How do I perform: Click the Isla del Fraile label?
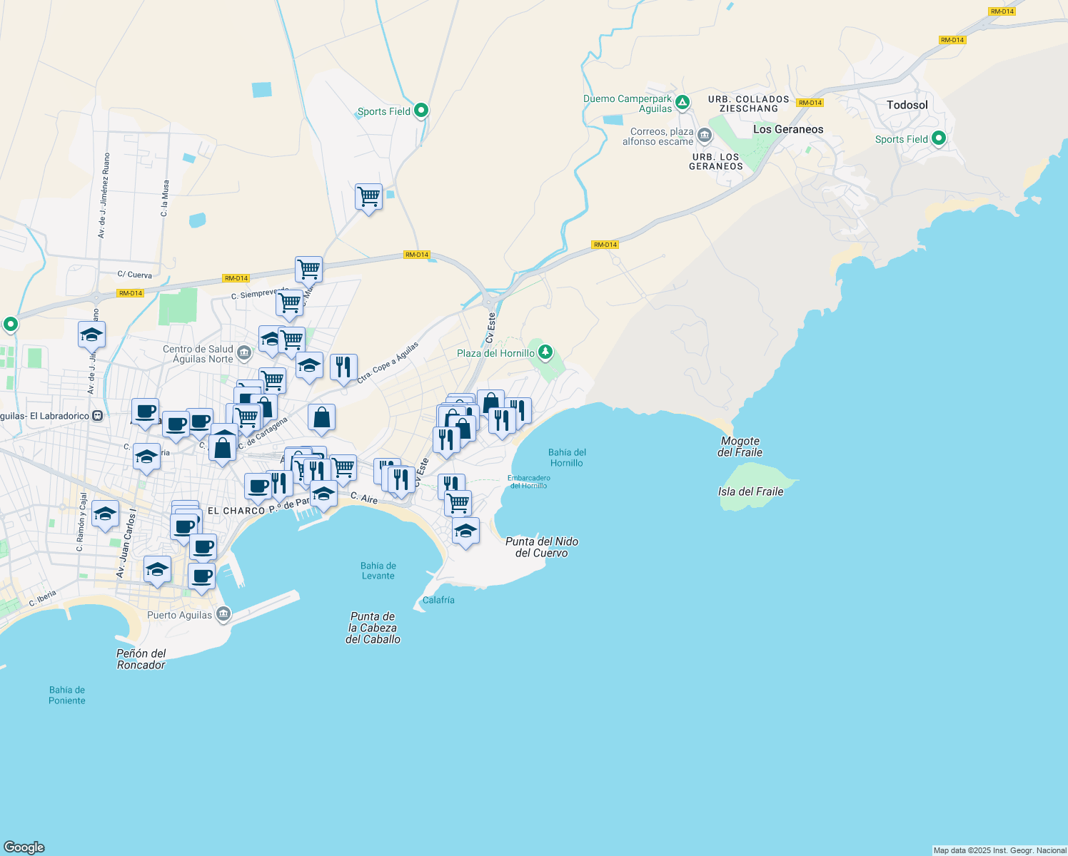click(x=750, y=491)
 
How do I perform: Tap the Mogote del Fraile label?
click(x=740, y=447)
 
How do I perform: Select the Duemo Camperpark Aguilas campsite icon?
click(x=682, y=103)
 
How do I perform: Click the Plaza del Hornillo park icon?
click(x=545, y=352)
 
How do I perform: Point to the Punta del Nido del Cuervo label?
click(x=541, y=547)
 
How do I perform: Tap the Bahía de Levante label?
click(x=378, y=571)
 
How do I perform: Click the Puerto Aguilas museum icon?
click(x=223, y=614)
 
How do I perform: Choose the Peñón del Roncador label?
click(x=141, y=659)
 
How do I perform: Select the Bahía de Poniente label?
click(x=67, y=695)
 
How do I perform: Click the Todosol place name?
click(x=907, y=105)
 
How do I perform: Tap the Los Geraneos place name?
click(x=788, y=129)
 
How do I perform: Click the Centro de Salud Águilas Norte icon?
click(x=244, y=352)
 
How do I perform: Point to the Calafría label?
click(x=438, y=600)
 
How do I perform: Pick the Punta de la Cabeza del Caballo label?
click(x=373, y=628)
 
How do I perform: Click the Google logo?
click(x=24, y=847)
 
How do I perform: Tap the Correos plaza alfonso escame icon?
click(x=705, y=135)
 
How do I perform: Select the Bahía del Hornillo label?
click(x=567, y=457)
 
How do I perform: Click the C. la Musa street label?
click(x=165, y=198)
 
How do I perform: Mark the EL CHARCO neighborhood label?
click(x=236, y=511)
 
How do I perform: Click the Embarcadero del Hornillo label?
click(x=529, y=481)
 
